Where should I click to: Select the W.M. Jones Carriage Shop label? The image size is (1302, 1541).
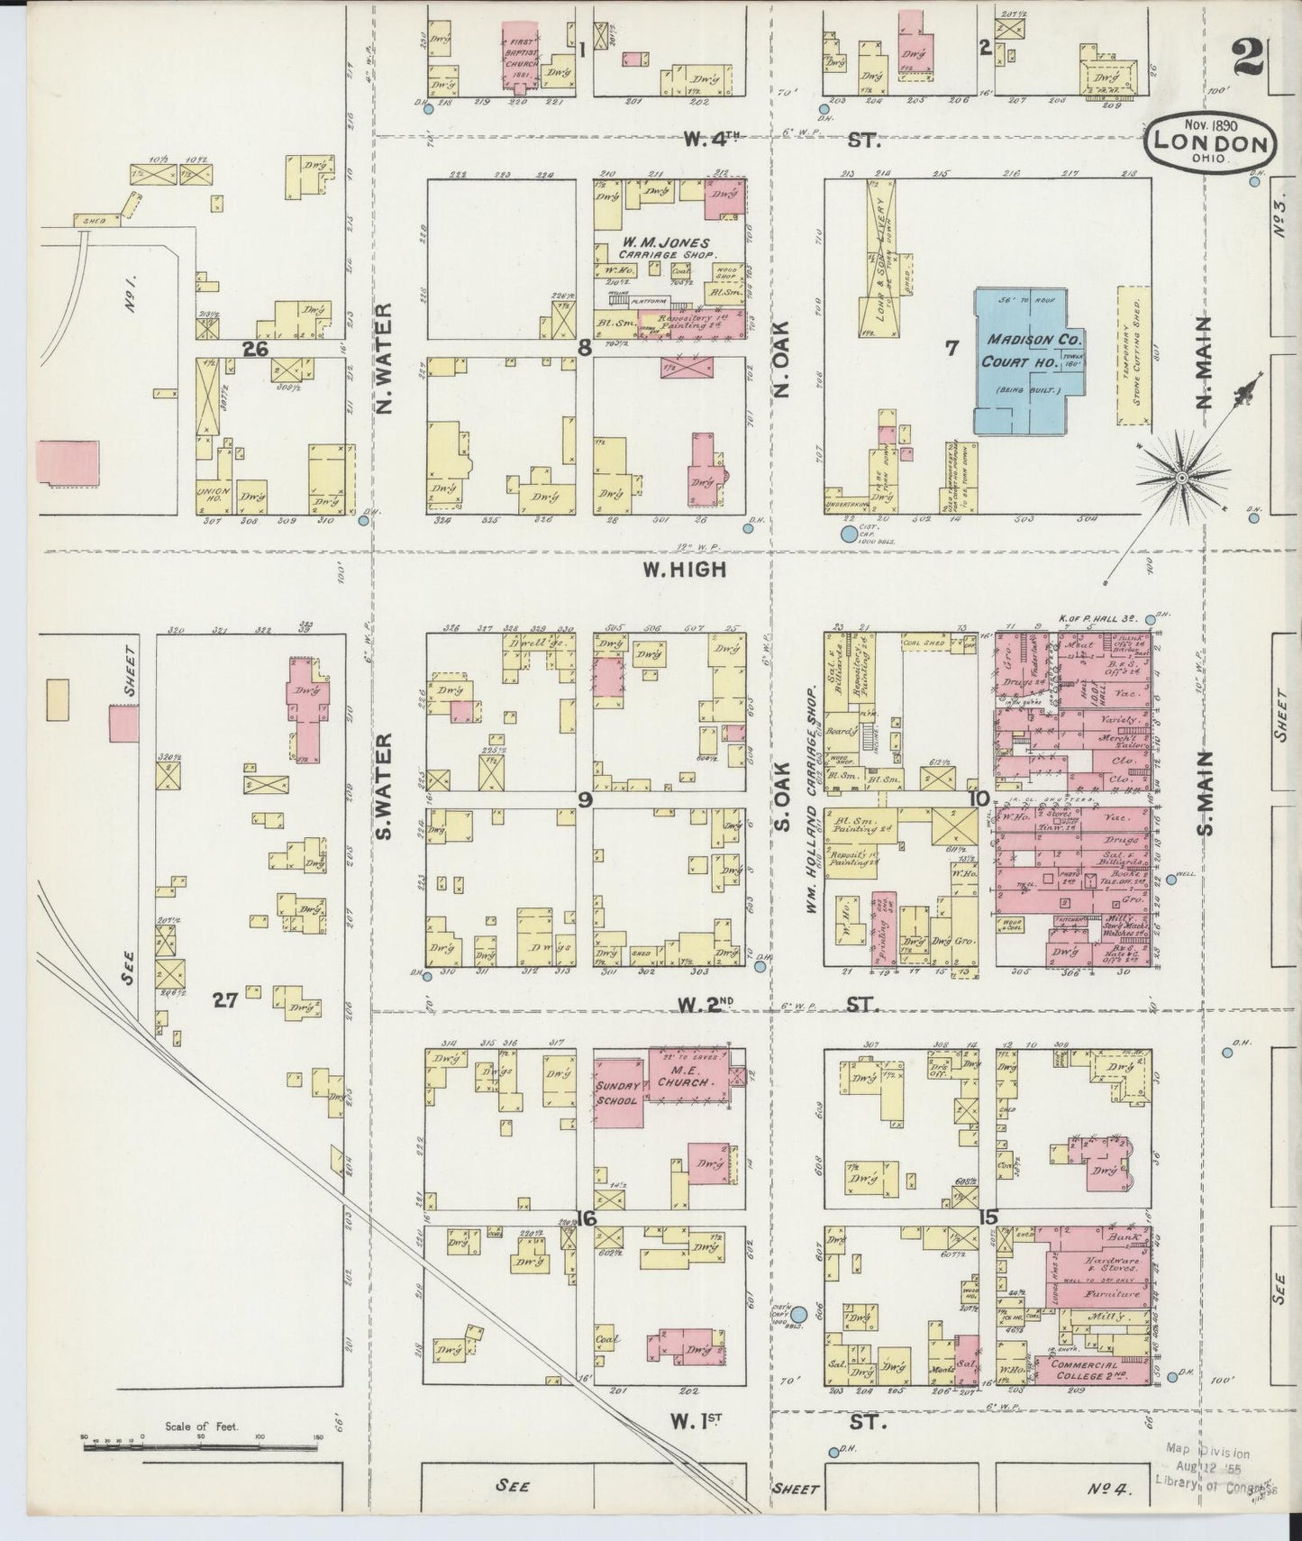tap(665, 248)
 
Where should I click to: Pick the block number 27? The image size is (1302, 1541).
tap(225, 999)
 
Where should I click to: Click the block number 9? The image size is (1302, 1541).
tap(586, 798)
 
